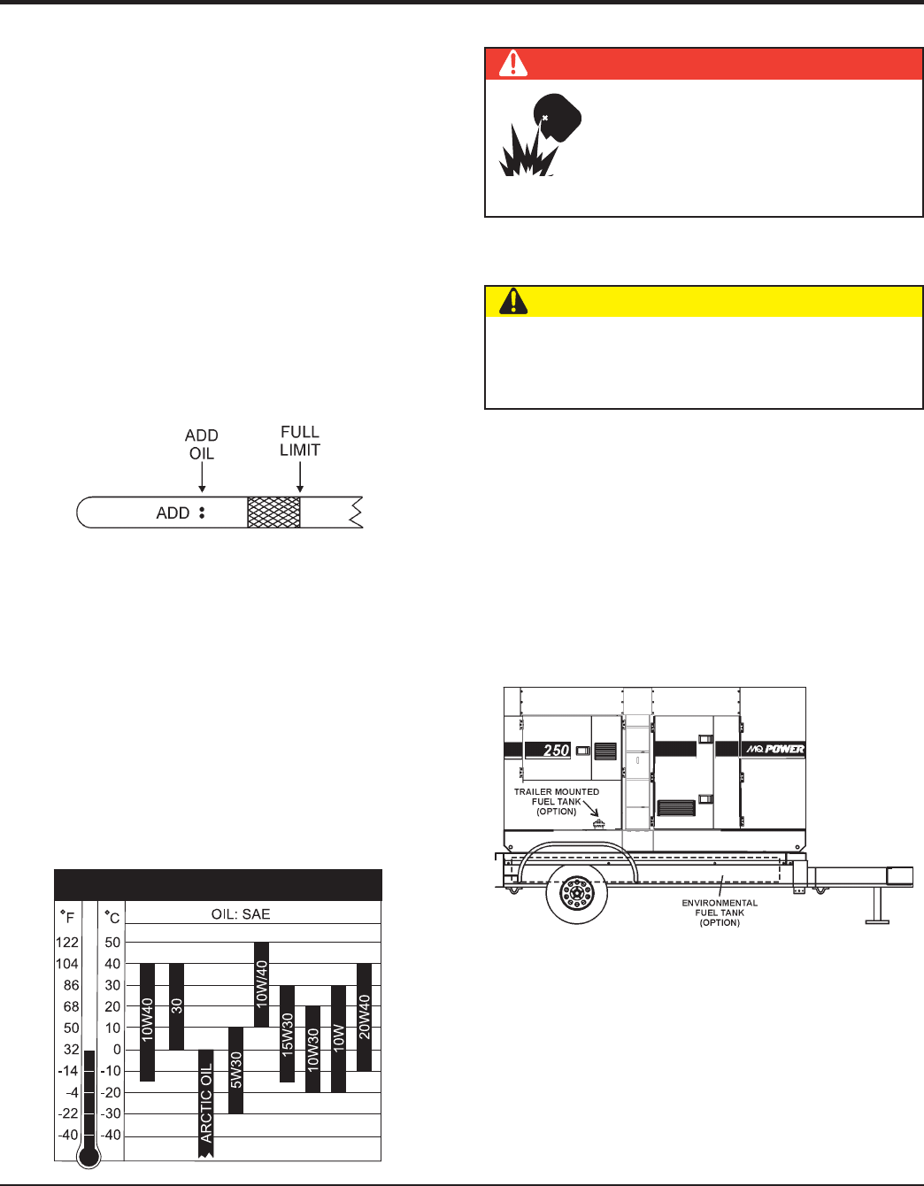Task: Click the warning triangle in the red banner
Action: (x=513, y=64)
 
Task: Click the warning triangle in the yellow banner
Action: (x=513, y=301)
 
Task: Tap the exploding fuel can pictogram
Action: (x=539, y=135)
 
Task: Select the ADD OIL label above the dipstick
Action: (x=202, y=444)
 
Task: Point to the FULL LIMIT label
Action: (x=300, y=441)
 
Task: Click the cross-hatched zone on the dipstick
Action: (x=273, y=512)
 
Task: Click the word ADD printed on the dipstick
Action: (x=173, y=513)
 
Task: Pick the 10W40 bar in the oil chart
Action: (x=147, y=1022)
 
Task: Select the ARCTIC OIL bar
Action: (x=205, y=1103)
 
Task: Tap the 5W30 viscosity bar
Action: (x=235, y=1070)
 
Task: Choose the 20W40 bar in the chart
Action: (x=364, y=1017)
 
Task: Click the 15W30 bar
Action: (x=287, y=1033)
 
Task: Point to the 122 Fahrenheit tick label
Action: (x=66, y=943)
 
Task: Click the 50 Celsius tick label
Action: (x=112, y=943)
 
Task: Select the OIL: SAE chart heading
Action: (x=241, y=914)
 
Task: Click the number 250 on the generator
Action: (x=556, y=751)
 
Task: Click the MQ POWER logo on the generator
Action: (x=775, y=750)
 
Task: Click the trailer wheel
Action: (x=577, y=893)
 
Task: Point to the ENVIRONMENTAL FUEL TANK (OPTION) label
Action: (x=720, y=913)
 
